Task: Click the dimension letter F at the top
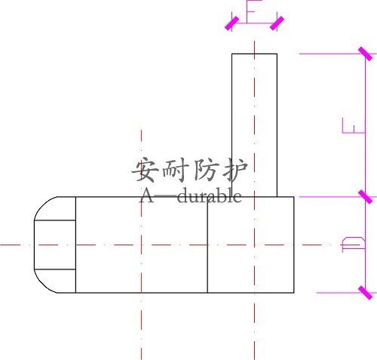click(x=254, y=11)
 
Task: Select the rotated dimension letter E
click(x=353, y=125)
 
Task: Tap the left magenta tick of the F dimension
click(x=231, y=23)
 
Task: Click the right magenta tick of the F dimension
click(x=277, y=23)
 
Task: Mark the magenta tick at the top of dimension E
click(x=365, y=54)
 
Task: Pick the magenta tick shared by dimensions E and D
click(x=365, y=197)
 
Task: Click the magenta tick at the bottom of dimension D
click(x=365, y=293)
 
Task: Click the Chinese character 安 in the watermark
click(x=146, y=169)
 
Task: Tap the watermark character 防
click(x=205, y=170)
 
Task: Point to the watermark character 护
click(x=235, y=169)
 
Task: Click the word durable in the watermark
click(x=210, y=196)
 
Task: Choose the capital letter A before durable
click(x=146, y=196)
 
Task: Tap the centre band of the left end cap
click(x=55, y=245)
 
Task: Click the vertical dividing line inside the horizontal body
click(x=207, y=245)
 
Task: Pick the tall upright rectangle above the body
click(x=254, y=125)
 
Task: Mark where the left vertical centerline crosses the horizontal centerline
click(x=141, y=245)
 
